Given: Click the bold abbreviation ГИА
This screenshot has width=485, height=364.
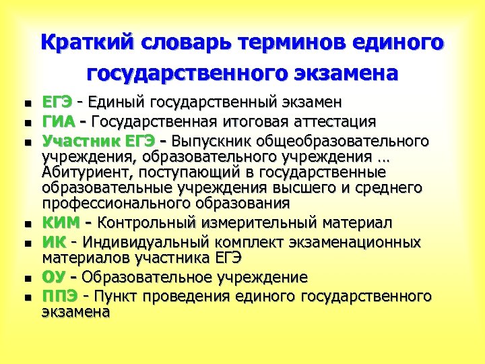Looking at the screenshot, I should (x=58, y=122).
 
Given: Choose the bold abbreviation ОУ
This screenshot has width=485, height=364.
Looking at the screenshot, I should (x=55, y=277).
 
